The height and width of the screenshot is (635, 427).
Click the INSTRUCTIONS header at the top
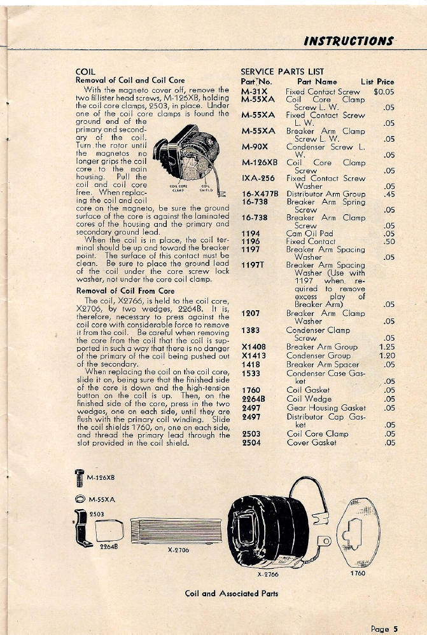click(x=348, y=41)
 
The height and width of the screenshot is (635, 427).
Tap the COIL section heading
click(x=85, y=72)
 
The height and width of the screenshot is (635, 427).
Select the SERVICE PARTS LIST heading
click(x=282, y=72)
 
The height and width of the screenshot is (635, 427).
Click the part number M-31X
click(x=253, y=92)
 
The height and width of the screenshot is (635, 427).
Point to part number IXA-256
click(x=258, y=179)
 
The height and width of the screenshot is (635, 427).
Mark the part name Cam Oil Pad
click(x=310, y=233)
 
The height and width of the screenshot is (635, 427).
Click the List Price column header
click(x=377, y=81)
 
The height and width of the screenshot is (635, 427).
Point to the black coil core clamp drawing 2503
click(x=80, y=528)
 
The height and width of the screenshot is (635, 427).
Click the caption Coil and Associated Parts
click(x=231, y=594)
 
